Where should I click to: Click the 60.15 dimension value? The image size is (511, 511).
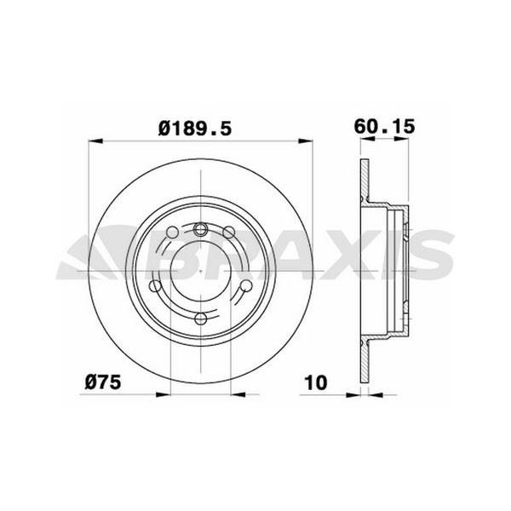[x=384, y=127]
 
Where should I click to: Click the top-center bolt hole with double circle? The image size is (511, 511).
[x=201, y=228]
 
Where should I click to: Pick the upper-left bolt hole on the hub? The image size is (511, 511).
[x=173, y=233]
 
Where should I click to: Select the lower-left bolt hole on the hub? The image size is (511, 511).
[x=156, y=286]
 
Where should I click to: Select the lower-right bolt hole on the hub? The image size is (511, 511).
[x=245, y=286]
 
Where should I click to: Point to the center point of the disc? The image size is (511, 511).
[x=201, y=273]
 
